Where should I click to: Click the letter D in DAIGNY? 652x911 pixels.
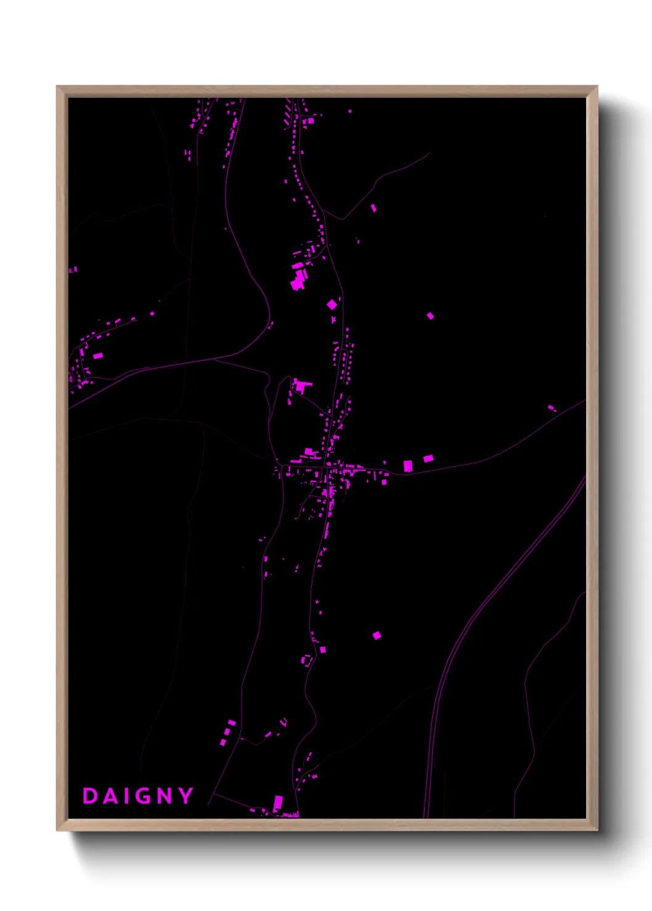(x=90, y=796)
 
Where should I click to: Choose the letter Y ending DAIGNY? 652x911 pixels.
(x=185, y=796)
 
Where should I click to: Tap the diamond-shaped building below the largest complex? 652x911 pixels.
(x=332, y=304)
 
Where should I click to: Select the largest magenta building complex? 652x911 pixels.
(x=299, y=278)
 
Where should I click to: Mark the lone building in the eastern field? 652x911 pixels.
(x=430, y=316)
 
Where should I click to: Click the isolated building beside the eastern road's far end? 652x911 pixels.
(x=552, y=407)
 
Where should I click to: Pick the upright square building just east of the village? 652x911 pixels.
(x=407, y=466)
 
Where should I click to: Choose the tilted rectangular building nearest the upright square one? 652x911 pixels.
(x=428, y=458)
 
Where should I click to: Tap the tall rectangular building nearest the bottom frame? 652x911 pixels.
(x=278, y=803)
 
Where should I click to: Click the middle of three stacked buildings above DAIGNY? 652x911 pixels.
(x=227, y=732)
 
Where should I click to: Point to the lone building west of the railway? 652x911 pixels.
(x=377, y=635)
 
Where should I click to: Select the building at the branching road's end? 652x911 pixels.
(x=373, y=208)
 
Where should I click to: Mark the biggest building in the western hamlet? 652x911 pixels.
(x=97, y=355)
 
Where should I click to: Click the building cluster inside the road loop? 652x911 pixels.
(x=301, y=386)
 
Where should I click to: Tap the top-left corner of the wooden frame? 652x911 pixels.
(x=58, y=87)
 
